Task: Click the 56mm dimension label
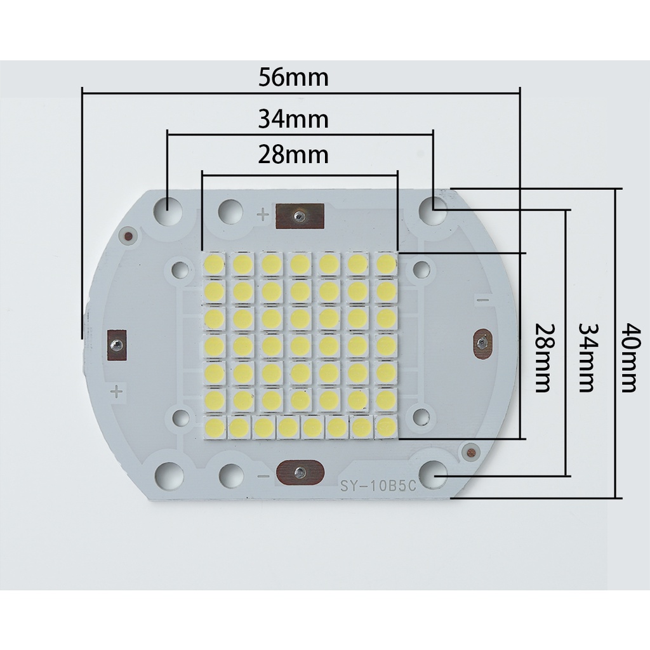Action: click(293, 78)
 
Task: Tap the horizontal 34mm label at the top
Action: click(293, 119)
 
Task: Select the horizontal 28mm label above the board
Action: click(293, 155)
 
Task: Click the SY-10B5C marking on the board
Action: click(378, 487)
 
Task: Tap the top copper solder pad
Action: click(300, 216)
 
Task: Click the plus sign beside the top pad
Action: click(263, 215)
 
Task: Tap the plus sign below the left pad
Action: click(116, 390)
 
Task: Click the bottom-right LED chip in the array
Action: click(385, 428)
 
